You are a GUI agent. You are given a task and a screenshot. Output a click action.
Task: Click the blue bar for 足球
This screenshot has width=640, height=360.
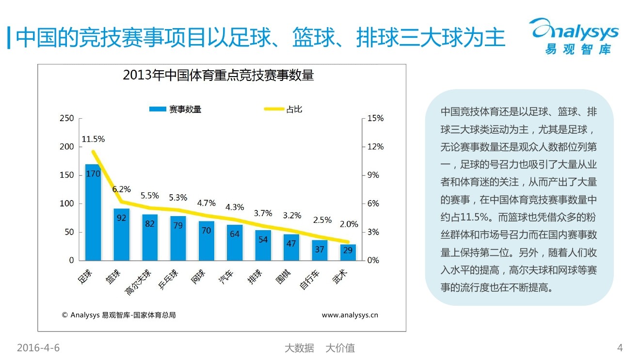[93, 213]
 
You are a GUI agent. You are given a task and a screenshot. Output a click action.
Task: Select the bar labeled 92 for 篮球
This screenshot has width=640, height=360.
[121, 235]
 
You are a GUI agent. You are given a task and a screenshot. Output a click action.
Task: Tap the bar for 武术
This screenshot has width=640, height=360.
[348, 252]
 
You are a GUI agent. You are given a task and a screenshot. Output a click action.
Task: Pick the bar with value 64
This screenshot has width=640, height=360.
[235, 242]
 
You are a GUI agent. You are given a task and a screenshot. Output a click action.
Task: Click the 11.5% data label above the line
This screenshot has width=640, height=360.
[93, 139]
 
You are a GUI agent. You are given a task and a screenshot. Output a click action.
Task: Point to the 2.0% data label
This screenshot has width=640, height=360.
[349, 224]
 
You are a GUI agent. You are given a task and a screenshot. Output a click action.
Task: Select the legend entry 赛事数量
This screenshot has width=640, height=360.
[176, 110]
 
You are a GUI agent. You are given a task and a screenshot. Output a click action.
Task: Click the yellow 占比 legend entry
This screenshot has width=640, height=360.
[284, 110]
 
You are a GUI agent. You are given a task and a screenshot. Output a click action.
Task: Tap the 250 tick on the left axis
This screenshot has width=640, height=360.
[67, 118]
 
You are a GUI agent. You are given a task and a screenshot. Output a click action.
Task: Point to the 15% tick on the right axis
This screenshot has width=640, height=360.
[375, 118]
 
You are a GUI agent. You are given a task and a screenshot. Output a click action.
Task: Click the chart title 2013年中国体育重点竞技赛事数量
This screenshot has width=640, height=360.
[218, 76]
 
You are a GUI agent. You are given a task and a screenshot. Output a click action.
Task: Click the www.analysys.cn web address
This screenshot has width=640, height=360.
[350, 315]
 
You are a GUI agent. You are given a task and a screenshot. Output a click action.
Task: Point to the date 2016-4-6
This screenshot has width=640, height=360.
[38, 348]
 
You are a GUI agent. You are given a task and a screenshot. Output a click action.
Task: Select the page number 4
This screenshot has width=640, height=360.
[620, 348]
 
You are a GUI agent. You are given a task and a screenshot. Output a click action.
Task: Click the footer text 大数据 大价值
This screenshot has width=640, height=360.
[320, 348]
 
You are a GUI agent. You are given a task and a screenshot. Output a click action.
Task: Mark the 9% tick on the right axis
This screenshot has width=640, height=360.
[373, 175]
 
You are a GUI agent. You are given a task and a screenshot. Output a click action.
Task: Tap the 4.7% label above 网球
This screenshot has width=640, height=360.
[207, 203]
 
